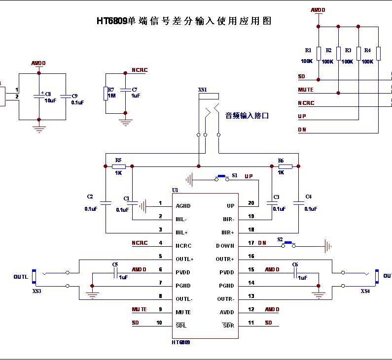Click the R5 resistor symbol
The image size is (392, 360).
(x=118, y=166)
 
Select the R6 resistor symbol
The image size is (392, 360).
(x=285, y=166)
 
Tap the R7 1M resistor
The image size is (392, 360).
(x=106, y=93)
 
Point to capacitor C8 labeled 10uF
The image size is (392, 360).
(x=38, y=97)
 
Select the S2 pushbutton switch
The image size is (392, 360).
(x=288, y=243)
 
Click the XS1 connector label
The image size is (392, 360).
(x=202, y=90)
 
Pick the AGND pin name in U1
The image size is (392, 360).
(x=183, y=206)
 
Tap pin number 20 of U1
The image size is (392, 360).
(x=251, y=203)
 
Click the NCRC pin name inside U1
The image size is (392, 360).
(x=183, y=246)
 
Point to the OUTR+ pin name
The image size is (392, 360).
(x=225, y=259)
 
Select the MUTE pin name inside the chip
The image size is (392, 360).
(x=183, y=312)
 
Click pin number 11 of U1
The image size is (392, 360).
(x=251, y=323)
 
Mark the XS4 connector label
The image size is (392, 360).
(x=365, y=291)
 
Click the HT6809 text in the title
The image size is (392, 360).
(x=111, y=21)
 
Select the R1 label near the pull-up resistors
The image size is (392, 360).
(x=308, y=50)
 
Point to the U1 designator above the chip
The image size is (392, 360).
(x=175, y=190)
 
